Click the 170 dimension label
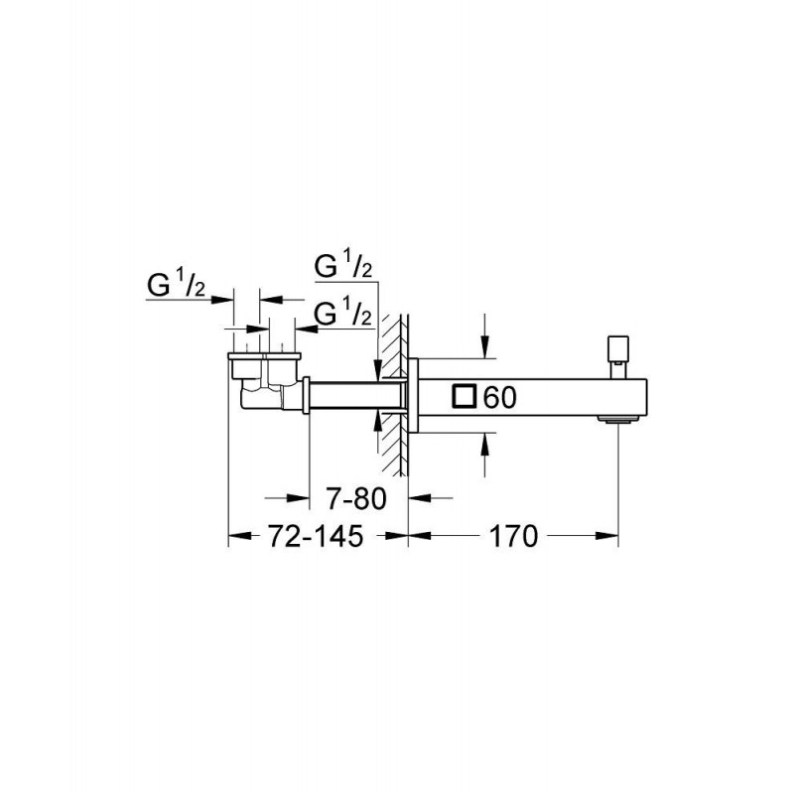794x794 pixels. coord(513,536)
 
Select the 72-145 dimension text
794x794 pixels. coord(316,536)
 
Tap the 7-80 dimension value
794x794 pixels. coord(356,498)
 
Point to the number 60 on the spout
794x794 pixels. coord(500,397)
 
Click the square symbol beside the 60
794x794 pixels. coord(464,396)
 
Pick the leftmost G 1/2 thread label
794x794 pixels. coord(177,286)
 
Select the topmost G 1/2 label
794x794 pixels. coord(343,265)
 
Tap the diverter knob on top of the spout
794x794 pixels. coord(618,356)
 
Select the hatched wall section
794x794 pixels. coord(394,395)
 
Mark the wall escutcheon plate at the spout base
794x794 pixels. coord(413,395)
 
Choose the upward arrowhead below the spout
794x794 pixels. coord(485,444)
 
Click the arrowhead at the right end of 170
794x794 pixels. coord(607,536)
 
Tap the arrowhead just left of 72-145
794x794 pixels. coord(240,536)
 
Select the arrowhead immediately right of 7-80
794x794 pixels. coord(419,498)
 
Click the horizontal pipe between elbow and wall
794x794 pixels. coord(357,395)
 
